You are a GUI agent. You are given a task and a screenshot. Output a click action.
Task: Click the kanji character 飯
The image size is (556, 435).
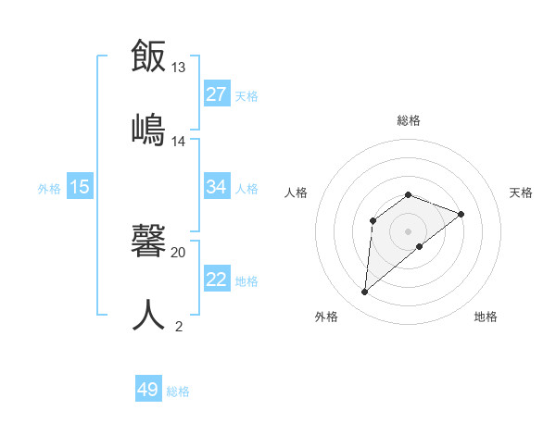(149, 56)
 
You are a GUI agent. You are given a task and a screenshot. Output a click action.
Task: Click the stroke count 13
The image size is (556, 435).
(178, 68)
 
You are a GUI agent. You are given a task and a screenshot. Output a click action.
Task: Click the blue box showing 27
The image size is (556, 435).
(217, 94)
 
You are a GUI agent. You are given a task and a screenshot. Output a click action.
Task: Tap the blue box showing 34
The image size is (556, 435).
(217, 187)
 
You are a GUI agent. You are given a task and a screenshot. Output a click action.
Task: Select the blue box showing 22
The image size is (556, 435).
(217, 280)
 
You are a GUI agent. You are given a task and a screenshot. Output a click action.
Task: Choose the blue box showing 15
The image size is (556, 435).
(80, 187)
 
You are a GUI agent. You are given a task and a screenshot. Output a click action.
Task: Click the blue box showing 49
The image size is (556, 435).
(148, 390)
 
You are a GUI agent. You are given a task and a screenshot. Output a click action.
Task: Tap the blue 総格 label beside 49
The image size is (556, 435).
(178, 391)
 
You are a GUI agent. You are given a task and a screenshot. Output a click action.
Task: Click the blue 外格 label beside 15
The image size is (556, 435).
(49, 189)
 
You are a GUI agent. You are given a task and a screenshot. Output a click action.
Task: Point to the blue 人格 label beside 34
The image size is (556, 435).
(246, 189)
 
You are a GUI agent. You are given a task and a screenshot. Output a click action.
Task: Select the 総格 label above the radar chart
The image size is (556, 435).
(409, 120)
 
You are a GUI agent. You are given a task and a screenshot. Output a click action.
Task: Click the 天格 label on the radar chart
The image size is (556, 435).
(522, 193)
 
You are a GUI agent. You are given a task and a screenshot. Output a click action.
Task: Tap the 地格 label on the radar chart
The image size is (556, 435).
(486, 317)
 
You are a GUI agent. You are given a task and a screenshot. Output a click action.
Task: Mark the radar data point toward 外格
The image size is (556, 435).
(365, 292)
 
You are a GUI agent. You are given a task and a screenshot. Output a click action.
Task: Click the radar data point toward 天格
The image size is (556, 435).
(461, 214)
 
